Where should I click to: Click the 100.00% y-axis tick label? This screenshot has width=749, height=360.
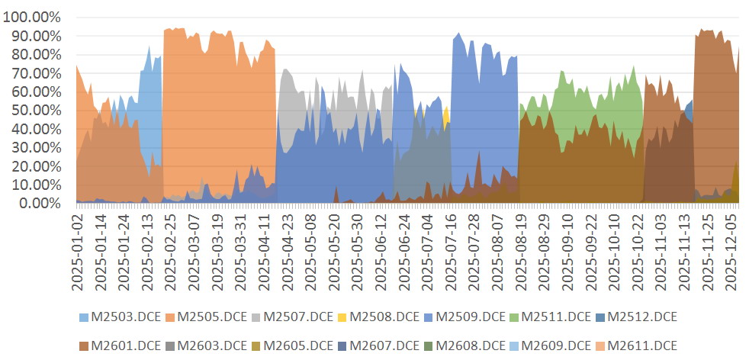point(32,17)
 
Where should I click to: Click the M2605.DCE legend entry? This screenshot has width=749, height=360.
point(294,345)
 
